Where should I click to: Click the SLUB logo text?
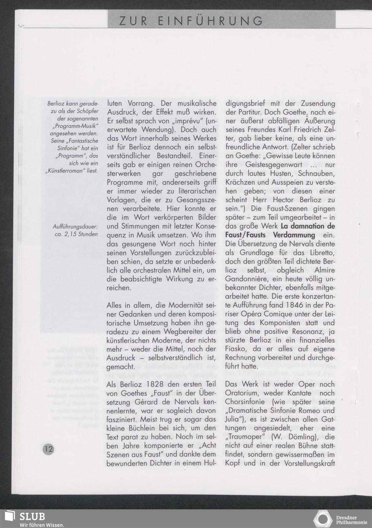click(32, 517)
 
